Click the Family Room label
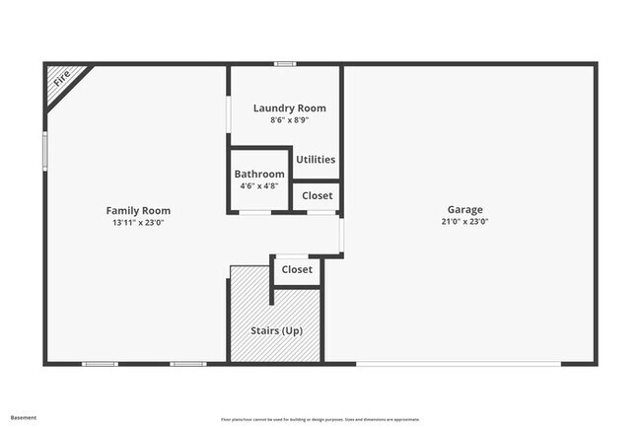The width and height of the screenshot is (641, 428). coord(138,210)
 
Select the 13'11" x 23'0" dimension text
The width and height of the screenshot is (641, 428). coord(138,223)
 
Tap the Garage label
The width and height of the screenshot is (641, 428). coord(464,209)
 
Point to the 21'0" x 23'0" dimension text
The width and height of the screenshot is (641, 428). coord(464,222)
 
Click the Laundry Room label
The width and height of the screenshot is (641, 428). coord(289,108)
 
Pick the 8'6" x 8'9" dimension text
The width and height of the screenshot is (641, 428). coord(289,120)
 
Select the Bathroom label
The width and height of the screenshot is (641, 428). coord(259,175)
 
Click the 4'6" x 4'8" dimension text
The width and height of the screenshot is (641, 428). coord(259,185)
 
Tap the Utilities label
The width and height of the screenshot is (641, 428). coord(316,159)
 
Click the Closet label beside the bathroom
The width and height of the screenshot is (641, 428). coord(317,196)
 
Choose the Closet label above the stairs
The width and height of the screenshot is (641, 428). coord(297,269)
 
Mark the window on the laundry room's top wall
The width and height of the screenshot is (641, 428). coord(285,64)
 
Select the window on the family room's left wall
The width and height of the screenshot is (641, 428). coord(44,152)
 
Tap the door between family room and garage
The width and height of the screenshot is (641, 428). coord(342,235)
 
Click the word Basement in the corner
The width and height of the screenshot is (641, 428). coord(23,418)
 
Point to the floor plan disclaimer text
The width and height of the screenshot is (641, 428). coord(320,418)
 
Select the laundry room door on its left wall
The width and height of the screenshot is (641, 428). coord(229,114)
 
